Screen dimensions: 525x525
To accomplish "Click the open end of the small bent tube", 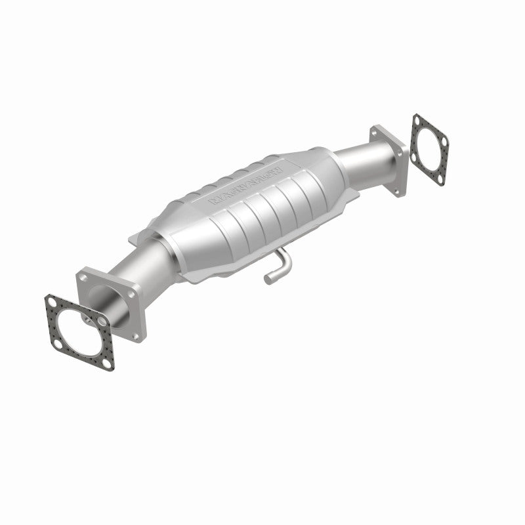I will tap(268, 281).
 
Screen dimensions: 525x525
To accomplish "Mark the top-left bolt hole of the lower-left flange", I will tap(84, 280).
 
